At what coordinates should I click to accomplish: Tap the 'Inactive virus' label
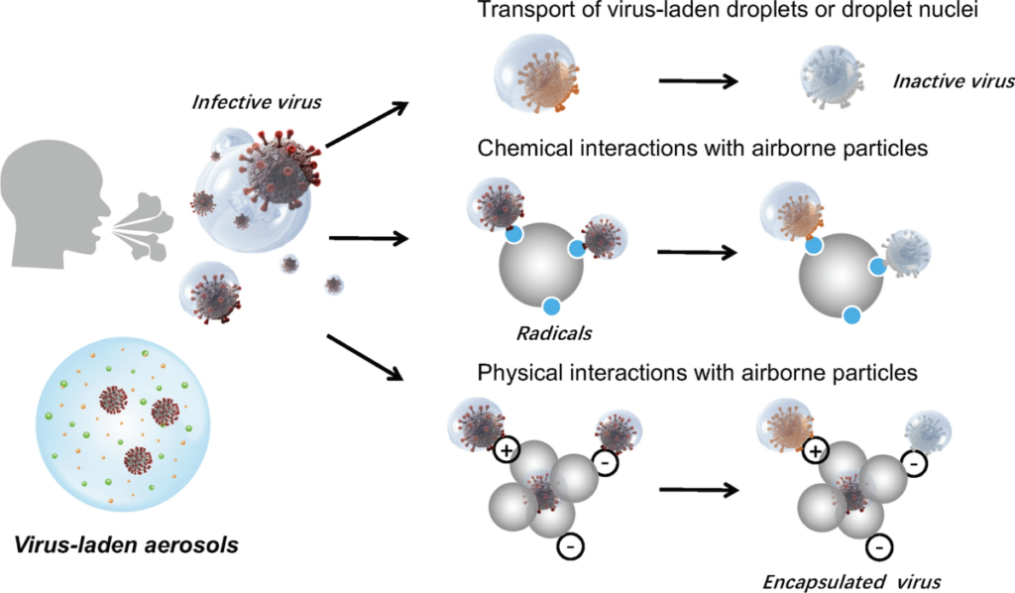(x=954, y=81)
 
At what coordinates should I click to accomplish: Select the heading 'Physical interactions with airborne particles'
(x=697, y=374)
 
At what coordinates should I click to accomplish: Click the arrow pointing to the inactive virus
(x=700, y=80)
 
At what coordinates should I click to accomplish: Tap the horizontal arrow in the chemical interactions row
(x=696, y=252)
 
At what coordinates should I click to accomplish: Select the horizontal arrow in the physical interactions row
(x=701, y=489)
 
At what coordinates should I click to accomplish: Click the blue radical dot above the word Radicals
(x=552, y=306)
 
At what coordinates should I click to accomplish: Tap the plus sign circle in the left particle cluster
(x=507, y=451)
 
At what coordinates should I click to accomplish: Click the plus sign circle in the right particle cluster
(x=816, y=451)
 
